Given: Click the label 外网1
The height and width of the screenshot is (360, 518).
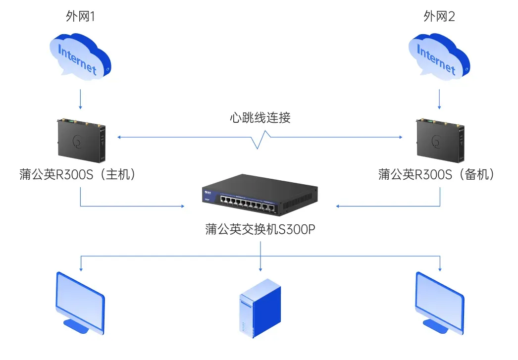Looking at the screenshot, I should tap(80, 16).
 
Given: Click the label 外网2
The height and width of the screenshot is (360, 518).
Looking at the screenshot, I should tap(439, 16).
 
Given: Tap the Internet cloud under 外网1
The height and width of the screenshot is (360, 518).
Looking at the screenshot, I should tap(80, 57).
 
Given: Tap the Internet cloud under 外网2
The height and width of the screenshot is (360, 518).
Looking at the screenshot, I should tap(438, 57).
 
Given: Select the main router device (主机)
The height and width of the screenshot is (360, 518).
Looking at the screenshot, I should tap(81, 140).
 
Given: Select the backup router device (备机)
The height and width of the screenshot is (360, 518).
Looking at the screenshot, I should tap(439, 140).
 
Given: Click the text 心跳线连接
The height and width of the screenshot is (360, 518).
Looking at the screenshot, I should tap(260, 118).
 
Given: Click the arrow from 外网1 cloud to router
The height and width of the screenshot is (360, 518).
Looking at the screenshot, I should tap(80, 99).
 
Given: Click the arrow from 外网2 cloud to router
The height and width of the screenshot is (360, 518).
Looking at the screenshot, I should tap(439, 99).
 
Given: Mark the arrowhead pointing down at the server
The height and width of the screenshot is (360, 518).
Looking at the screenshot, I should tap(260, 268).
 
